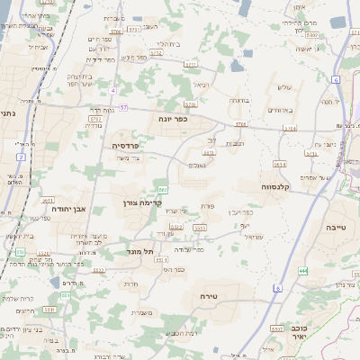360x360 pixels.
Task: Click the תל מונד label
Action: [140, 253]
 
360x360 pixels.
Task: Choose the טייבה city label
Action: [336, 229]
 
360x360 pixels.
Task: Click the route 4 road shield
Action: [112, 91]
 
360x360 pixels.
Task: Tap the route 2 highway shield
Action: [21, 157]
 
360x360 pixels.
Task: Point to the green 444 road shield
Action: [304, 270]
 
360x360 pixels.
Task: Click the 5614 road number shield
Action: [281, 165]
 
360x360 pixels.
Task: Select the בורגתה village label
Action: [238, 100]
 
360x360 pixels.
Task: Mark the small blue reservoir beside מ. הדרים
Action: [53, 283]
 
